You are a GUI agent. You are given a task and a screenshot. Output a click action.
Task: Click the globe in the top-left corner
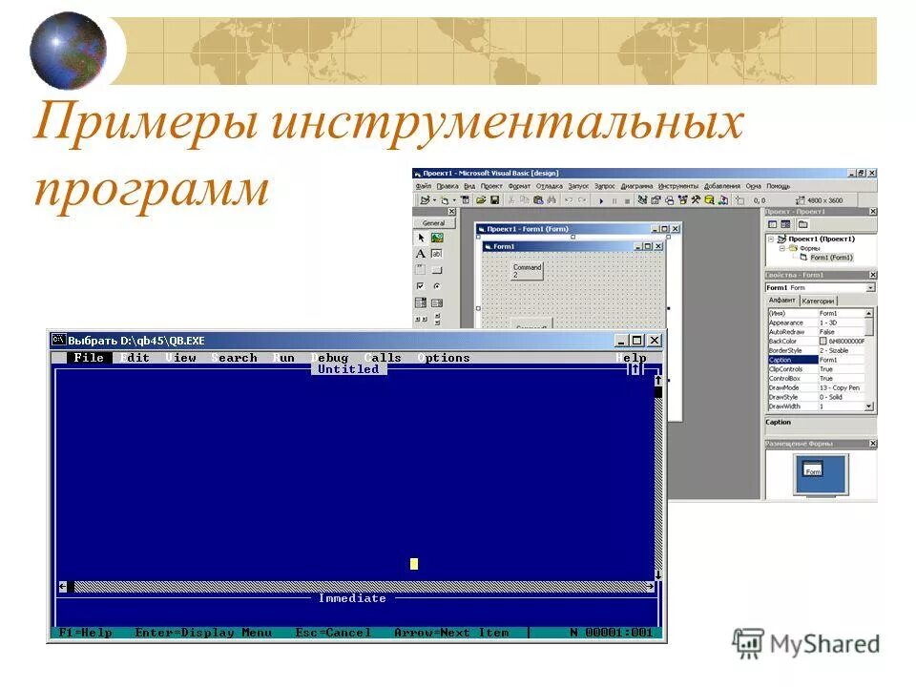coord(68,49)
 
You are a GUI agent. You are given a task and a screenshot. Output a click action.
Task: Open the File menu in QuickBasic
coord(88,358)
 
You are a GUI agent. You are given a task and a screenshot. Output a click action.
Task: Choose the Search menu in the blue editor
coord(235,358)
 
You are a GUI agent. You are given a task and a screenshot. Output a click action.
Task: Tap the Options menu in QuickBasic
coord(444,358)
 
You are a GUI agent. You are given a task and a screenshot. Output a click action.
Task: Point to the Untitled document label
coord(348,369)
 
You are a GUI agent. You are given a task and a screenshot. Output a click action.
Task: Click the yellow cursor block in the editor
coord(414,564)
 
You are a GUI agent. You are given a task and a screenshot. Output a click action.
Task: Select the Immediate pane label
coord(352,598)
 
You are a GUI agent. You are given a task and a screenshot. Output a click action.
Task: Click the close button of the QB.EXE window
coord(655,340)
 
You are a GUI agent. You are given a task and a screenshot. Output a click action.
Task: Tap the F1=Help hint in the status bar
coord(85,633)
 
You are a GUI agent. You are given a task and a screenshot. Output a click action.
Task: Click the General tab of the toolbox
coord(434,223)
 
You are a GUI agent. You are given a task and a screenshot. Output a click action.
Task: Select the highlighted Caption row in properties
coord(819,360)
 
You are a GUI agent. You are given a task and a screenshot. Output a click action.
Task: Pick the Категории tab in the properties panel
coord(818,301)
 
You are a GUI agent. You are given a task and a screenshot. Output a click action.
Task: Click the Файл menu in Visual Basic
coord(424,186)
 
